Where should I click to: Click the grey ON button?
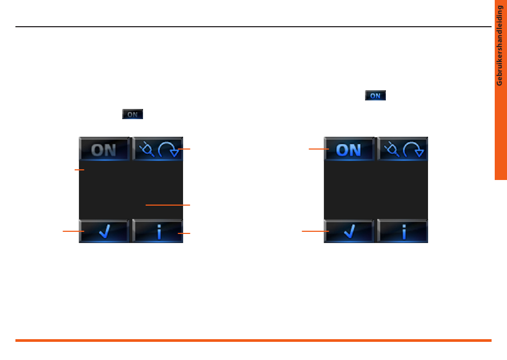[104, 150]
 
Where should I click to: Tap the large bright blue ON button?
[349, 150]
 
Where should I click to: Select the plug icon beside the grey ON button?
[145, 149]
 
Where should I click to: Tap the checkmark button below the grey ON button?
[104, 232]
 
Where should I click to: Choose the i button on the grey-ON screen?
[158, 232]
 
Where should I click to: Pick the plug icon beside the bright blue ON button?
[391, 149]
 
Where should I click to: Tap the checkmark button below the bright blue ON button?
[349, 232]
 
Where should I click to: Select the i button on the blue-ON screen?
[403, 232]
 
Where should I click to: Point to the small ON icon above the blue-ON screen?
[375, 96]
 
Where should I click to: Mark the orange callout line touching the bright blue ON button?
[318, 150]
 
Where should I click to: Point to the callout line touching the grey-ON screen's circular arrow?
[184, 149]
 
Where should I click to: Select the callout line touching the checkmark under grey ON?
[73, 231]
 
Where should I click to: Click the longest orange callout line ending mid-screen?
[168, 205]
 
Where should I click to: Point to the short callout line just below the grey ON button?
[80, 170]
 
